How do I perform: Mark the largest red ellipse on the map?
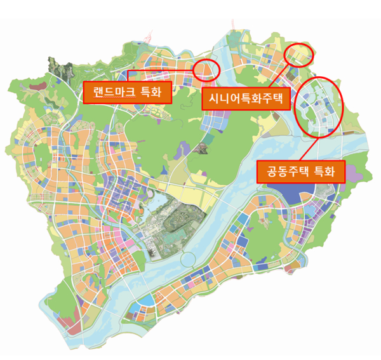[319, 107]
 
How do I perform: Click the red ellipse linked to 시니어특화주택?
[298, 56]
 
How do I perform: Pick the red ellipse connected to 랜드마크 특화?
[206, 69]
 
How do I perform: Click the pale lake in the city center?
[163, 207]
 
